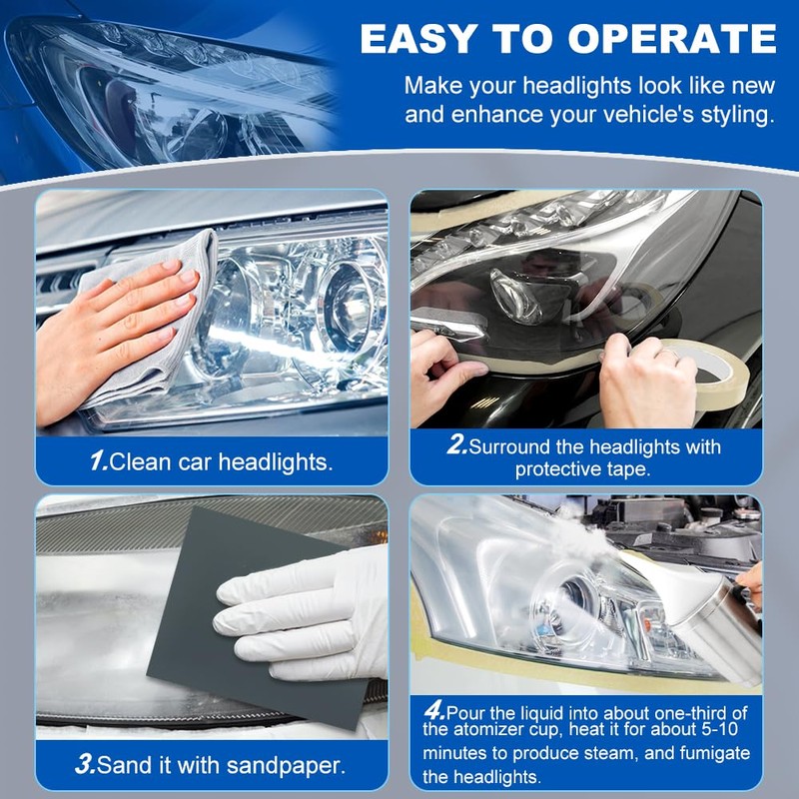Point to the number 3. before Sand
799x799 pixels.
(x=87, y=766)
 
